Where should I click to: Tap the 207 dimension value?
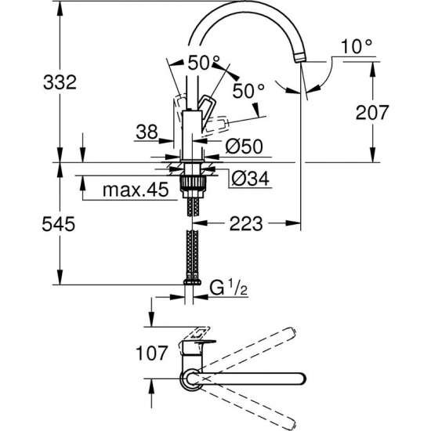[x=373, y=112]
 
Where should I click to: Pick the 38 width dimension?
[x=146, y=131]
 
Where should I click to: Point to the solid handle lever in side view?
[x=205, y=107]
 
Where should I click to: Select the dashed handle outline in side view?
[x=223, y=124]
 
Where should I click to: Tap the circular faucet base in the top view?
[x=191, y=382]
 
